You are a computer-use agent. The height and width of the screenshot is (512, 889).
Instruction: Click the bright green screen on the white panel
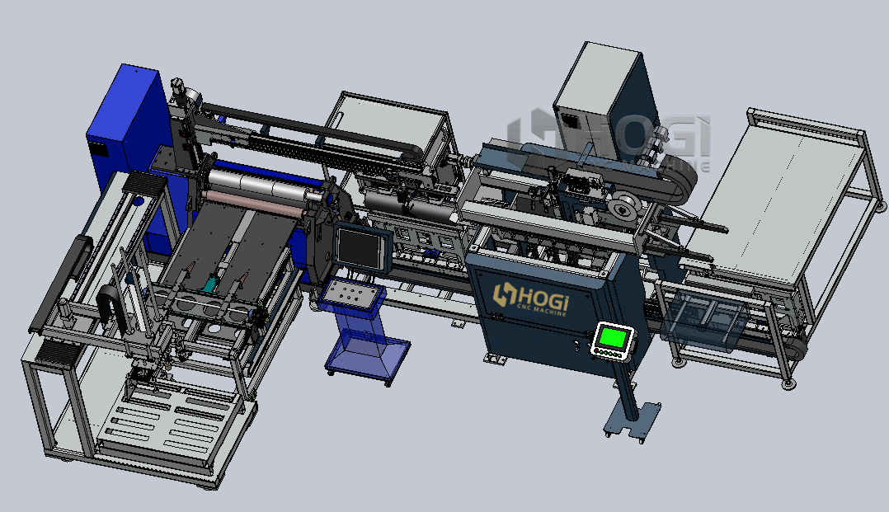tap(613, 337)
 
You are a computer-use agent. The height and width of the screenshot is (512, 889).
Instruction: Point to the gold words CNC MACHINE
tap(542, 309)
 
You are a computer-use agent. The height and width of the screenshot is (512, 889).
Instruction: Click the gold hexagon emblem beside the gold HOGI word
tap(503, 295)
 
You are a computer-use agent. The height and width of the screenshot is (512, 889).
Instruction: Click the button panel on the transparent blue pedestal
tap(350, 295)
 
